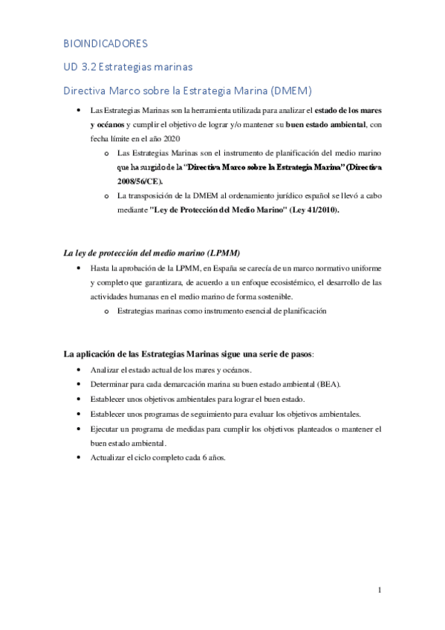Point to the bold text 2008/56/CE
(134, 181)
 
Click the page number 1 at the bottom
(379, 591)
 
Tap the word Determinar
(110, 384)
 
